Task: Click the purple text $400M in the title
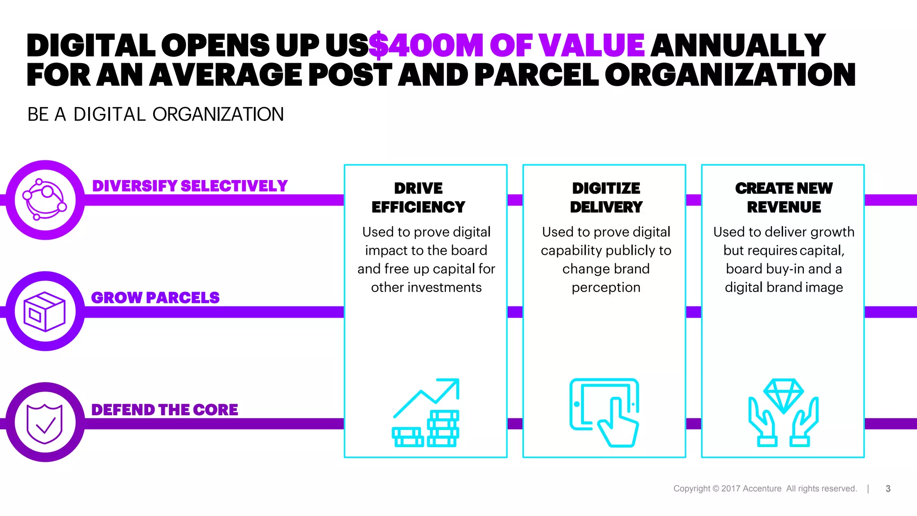(425, 46)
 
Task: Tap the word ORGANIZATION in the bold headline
(730, 75)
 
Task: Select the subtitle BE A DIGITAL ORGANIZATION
(155, 115)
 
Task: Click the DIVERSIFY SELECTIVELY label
(190, 186)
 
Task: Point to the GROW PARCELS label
(155, 297)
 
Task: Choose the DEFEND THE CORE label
(164, 409)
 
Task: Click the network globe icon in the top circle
(45, 199)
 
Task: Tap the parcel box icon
(45, 311)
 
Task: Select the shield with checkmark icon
(45, 423)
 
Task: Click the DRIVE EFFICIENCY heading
(418, 198)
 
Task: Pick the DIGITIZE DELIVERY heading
(606, 198)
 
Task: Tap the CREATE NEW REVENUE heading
(784, 198)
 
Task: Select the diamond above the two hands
(784, 394)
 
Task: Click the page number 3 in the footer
(888, 489)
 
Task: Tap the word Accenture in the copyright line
(762, 489)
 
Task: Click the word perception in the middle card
(606, 287)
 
